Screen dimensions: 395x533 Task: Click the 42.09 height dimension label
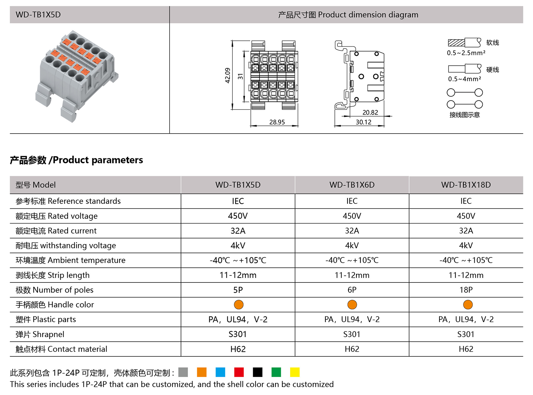coord(228,75)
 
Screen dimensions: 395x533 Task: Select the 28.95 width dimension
coord(277,122)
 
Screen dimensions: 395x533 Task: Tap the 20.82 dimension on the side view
coord(370,113)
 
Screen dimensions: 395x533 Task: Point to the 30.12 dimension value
coord(363,122)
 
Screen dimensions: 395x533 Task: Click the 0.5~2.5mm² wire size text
coord(466,53)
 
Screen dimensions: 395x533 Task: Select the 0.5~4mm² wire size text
coord(464,79)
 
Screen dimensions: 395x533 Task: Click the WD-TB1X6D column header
coord(352,185)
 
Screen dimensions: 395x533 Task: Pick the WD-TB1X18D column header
coord(466,185)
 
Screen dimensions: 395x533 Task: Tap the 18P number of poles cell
coord(466,290)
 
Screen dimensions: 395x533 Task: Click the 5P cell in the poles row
coord(238,290)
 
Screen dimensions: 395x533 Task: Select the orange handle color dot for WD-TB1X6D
coord(352,305)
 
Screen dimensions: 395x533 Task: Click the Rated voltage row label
coord(57,216)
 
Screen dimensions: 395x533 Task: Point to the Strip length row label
coord(53,275)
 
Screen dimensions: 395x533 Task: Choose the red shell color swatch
coord(239,372)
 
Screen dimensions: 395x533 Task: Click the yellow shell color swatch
coord(295,372)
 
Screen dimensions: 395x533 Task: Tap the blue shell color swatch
coord(220,372)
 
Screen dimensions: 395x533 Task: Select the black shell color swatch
coord(258,372)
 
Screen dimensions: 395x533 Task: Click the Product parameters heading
coord(76,160)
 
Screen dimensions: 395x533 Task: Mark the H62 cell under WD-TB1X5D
coord(238,349)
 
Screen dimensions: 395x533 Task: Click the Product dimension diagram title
coord(348,15)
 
